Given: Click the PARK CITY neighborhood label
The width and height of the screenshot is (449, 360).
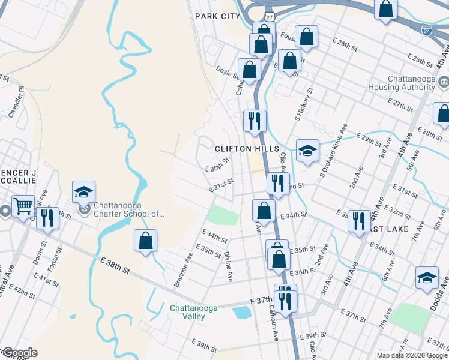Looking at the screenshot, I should pos(217,16).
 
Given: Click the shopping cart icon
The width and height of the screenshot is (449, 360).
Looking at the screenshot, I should pos(23,206).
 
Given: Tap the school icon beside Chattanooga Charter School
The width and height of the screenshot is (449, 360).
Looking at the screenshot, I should pos(83,192).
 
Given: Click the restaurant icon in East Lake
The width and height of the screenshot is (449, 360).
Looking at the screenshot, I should pos(359,219).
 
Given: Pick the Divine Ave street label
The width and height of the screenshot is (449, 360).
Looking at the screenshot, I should pos(229,266).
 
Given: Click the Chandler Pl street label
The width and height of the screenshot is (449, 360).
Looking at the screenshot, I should pos(15,101).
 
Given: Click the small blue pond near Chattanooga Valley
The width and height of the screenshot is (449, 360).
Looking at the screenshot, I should pos(242,312).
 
